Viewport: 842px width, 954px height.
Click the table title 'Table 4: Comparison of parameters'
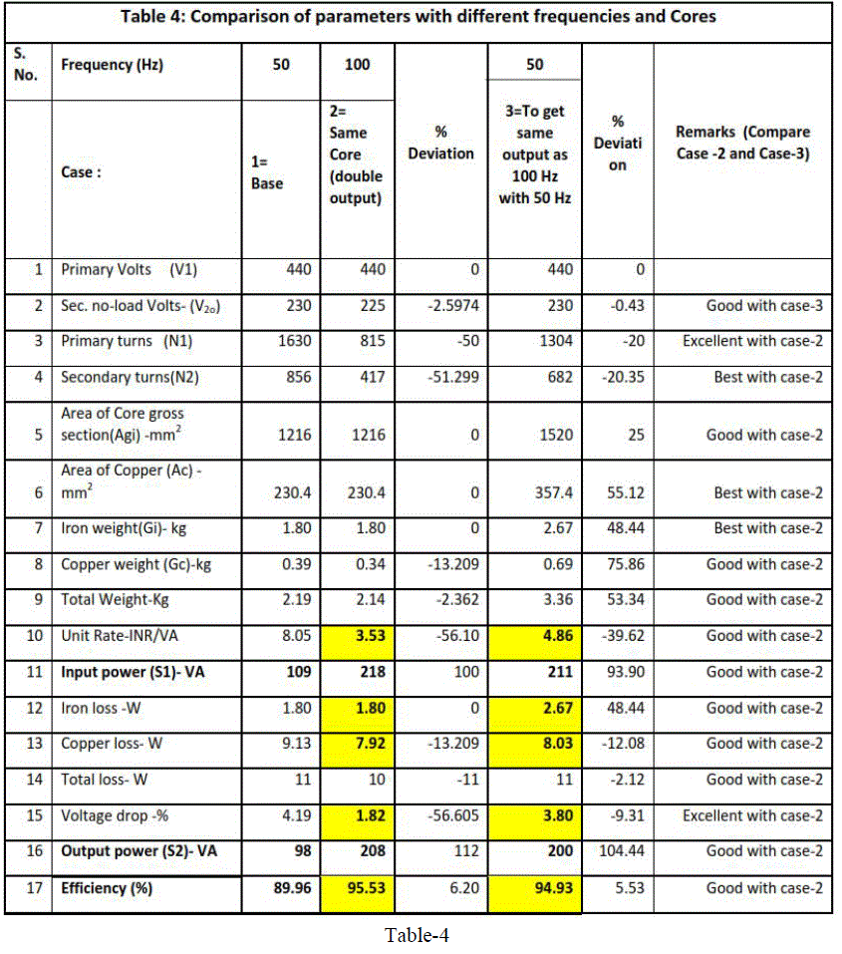419,17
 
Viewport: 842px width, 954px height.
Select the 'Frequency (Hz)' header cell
112,66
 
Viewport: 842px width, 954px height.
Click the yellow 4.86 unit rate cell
534,636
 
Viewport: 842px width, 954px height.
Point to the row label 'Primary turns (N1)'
127,341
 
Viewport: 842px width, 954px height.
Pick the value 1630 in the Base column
295,341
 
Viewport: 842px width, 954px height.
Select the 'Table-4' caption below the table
419,935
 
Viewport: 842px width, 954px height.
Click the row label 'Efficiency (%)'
107,887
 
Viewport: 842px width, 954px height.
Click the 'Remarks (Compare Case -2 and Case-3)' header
742,143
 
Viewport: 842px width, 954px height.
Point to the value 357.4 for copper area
554,492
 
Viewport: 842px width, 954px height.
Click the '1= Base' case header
267,172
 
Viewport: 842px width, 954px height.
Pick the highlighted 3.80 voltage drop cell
534,815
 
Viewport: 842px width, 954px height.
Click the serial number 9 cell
38,600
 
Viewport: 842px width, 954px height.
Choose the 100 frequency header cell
357,65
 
